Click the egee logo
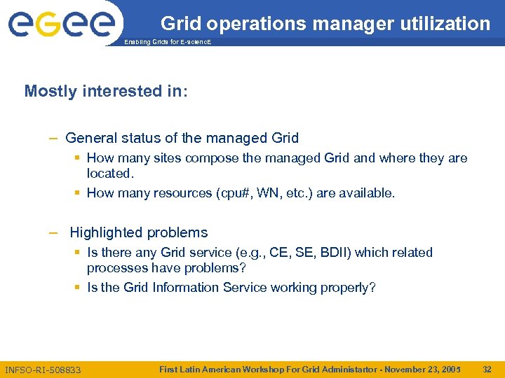(x=62, y=24)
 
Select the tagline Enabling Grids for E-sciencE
(x=167, y=43)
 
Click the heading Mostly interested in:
(x=106, y=91)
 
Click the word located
(x=109, y=173)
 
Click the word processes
(x=115, y=267)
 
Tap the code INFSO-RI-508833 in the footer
(x=43, y=370)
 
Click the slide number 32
(x=487, y=369)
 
